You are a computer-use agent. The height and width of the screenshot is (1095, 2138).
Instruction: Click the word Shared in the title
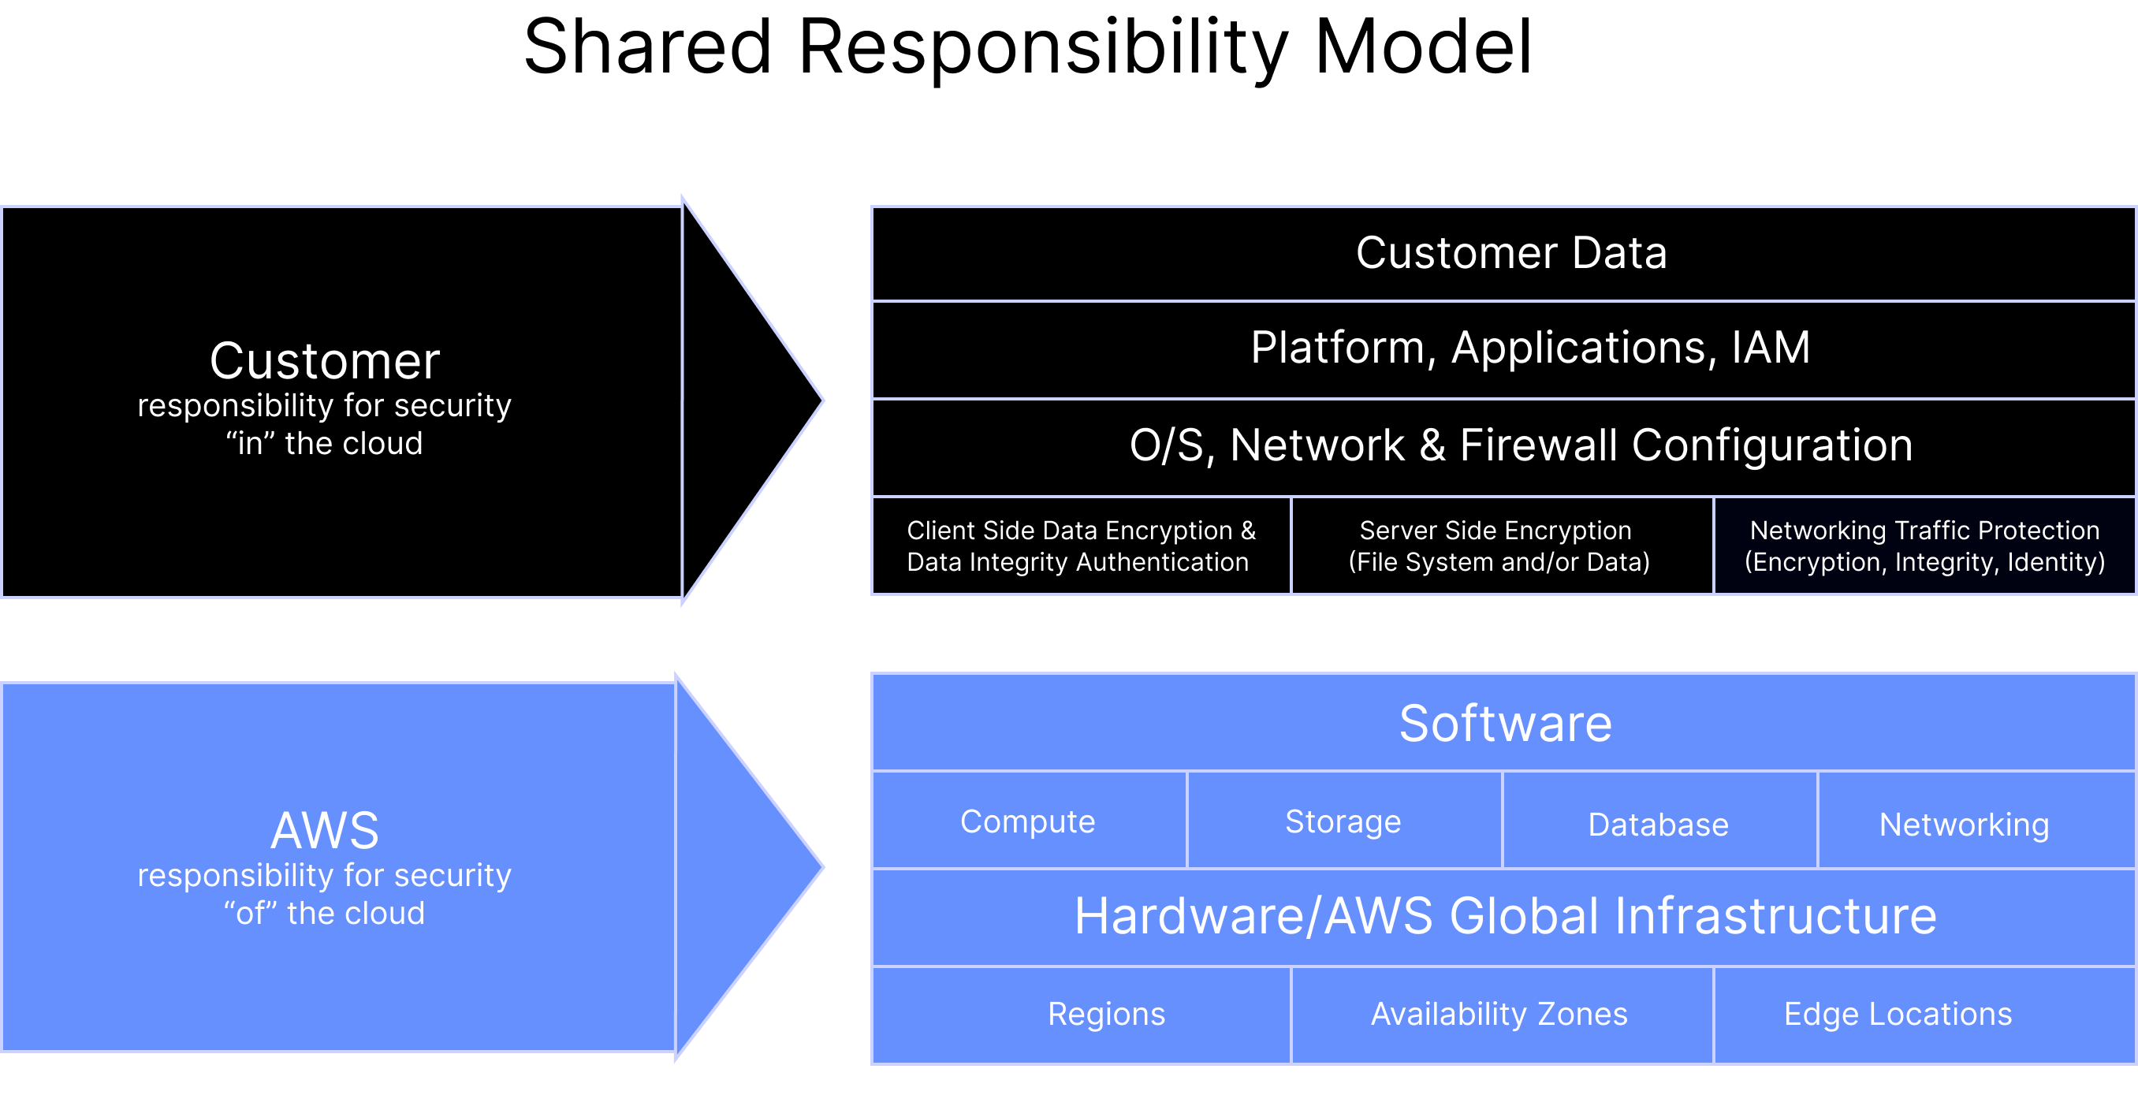647,48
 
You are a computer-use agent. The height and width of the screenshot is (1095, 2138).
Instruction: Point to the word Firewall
1538,445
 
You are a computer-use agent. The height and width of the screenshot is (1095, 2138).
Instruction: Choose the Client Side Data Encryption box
1081,546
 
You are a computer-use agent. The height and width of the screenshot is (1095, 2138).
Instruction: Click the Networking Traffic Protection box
1924,546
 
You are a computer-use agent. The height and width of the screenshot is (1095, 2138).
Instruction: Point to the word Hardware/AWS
1253,917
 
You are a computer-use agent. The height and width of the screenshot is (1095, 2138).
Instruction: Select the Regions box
1105,1014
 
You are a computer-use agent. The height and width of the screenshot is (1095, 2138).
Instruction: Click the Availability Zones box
1499,1014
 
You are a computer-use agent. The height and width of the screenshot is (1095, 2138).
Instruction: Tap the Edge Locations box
1898,1014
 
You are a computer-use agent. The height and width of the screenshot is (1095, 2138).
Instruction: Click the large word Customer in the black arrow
325,362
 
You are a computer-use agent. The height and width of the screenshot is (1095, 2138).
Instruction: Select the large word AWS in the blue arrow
325,830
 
